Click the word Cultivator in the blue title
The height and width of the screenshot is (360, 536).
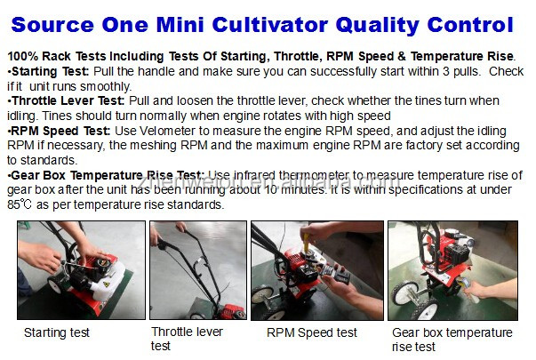269,25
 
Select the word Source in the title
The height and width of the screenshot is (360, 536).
52,25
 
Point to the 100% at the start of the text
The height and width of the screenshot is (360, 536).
23,56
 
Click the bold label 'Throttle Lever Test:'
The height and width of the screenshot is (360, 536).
68,100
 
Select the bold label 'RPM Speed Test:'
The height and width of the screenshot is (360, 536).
60,131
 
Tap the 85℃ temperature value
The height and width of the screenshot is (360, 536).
20,204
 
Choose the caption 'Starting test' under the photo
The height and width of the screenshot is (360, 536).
57,332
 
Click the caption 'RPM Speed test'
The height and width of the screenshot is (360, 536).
312,332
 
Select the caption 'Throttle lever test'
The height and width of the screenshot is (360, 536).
187,339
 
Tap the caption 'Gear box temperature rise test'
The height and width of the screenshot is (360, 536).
452,340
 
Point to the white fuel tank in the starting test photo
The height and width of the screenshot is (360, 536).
108,283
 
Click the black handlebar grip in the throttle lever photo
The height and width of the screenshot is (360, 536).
163,244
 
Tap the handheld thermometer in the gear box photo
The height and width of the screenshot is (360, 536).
468,287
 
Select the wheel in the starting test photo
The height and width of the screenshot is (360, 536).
54,284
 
